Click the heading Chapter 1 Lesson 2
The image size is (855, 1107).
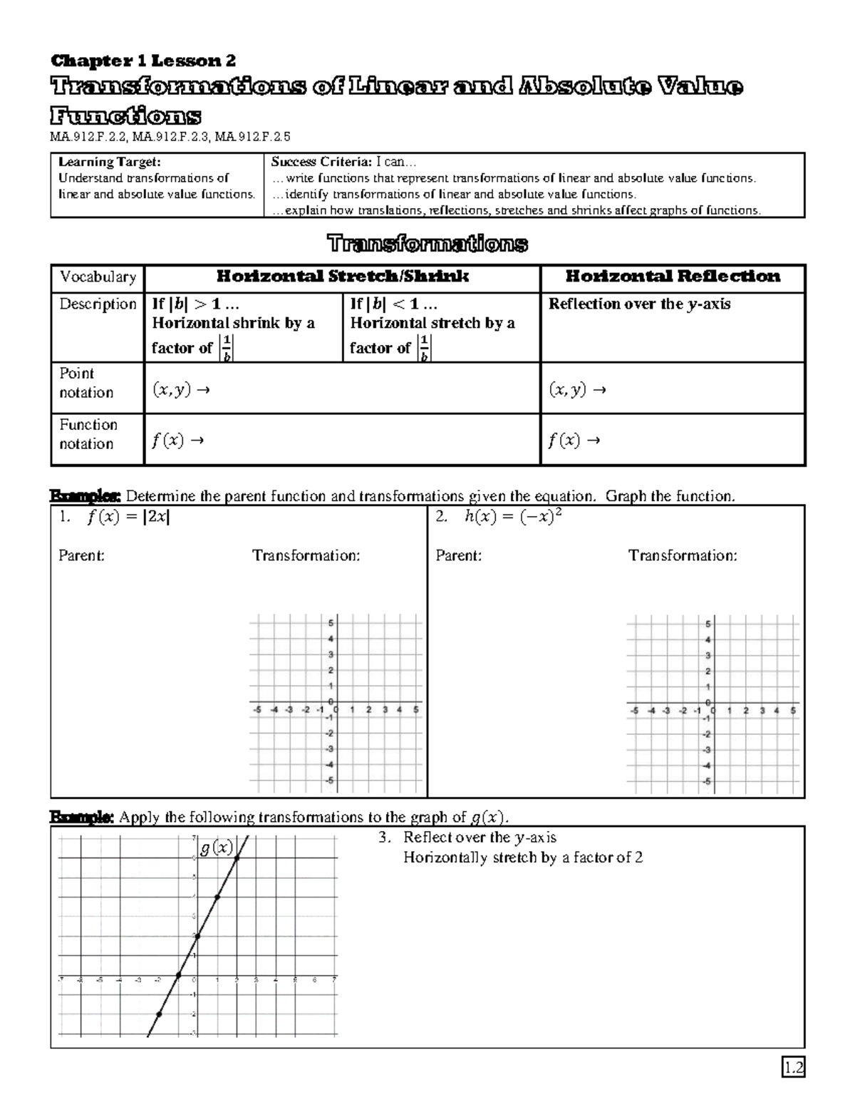142,60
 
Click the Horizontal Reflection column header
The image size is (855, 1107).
672,277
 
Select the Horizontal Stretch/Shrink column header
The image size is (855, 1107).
342,277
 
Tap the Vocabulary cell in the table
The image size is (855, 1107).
98,277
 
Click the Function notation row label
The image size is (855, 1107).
88,434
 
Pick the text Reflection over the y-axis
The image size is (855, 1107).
639,304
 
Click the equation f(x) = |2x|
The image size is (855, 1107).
128,518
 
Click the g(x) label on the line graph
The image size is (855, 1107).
216,848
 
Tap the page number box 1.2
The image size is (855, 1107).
793,1067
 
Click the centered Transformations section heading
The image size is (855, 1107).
427,244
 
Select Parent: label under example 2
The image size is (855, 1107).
458,555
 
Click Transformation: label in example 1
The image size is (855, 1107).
306,555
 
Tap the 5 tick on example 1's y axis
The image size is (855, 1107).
330,623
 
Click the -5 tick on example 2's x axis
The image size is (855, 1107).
633,711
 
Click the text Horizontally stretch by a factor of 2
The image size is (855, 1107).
523,858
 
